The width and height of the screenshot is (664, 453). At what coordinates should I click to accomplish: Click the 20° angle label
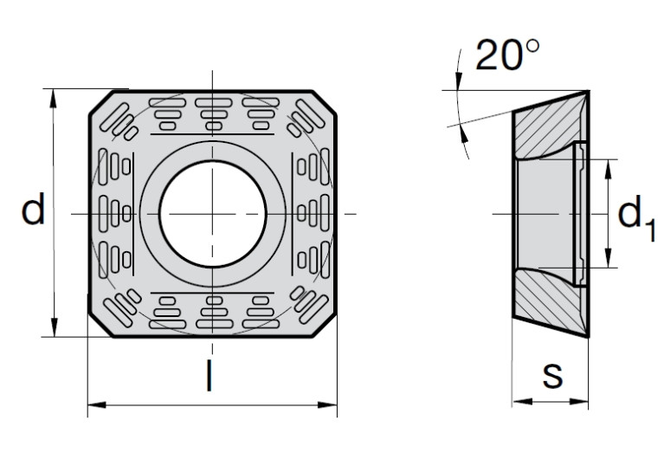(x=508, y=55)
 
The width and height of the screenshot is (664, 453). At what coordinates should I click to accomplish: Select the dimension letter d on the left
(x=33, y=209)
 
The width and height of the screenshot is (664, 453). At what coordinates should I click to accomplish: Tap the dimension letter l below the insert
(x=209, y=375)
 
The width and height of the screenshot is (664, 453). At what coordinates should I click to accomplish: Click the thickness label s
(x=552, y=375)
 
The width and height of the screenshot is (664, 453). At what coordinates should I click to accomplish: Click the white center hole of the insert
(x=213, y=214)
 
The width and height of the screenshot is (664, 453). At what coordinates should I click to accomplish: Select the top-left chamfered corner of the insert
(x=101, y=102)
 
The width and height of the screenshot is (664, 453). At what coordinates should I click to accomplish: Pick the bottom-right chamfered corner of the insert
(x=325, y=326)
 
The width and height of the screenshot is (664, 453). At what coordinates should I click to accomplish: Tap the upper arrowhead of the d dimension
(x=53, y=98)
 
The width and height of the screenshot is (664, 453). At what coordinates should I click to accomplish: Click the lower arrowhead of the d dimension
(x=55, y=327)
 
